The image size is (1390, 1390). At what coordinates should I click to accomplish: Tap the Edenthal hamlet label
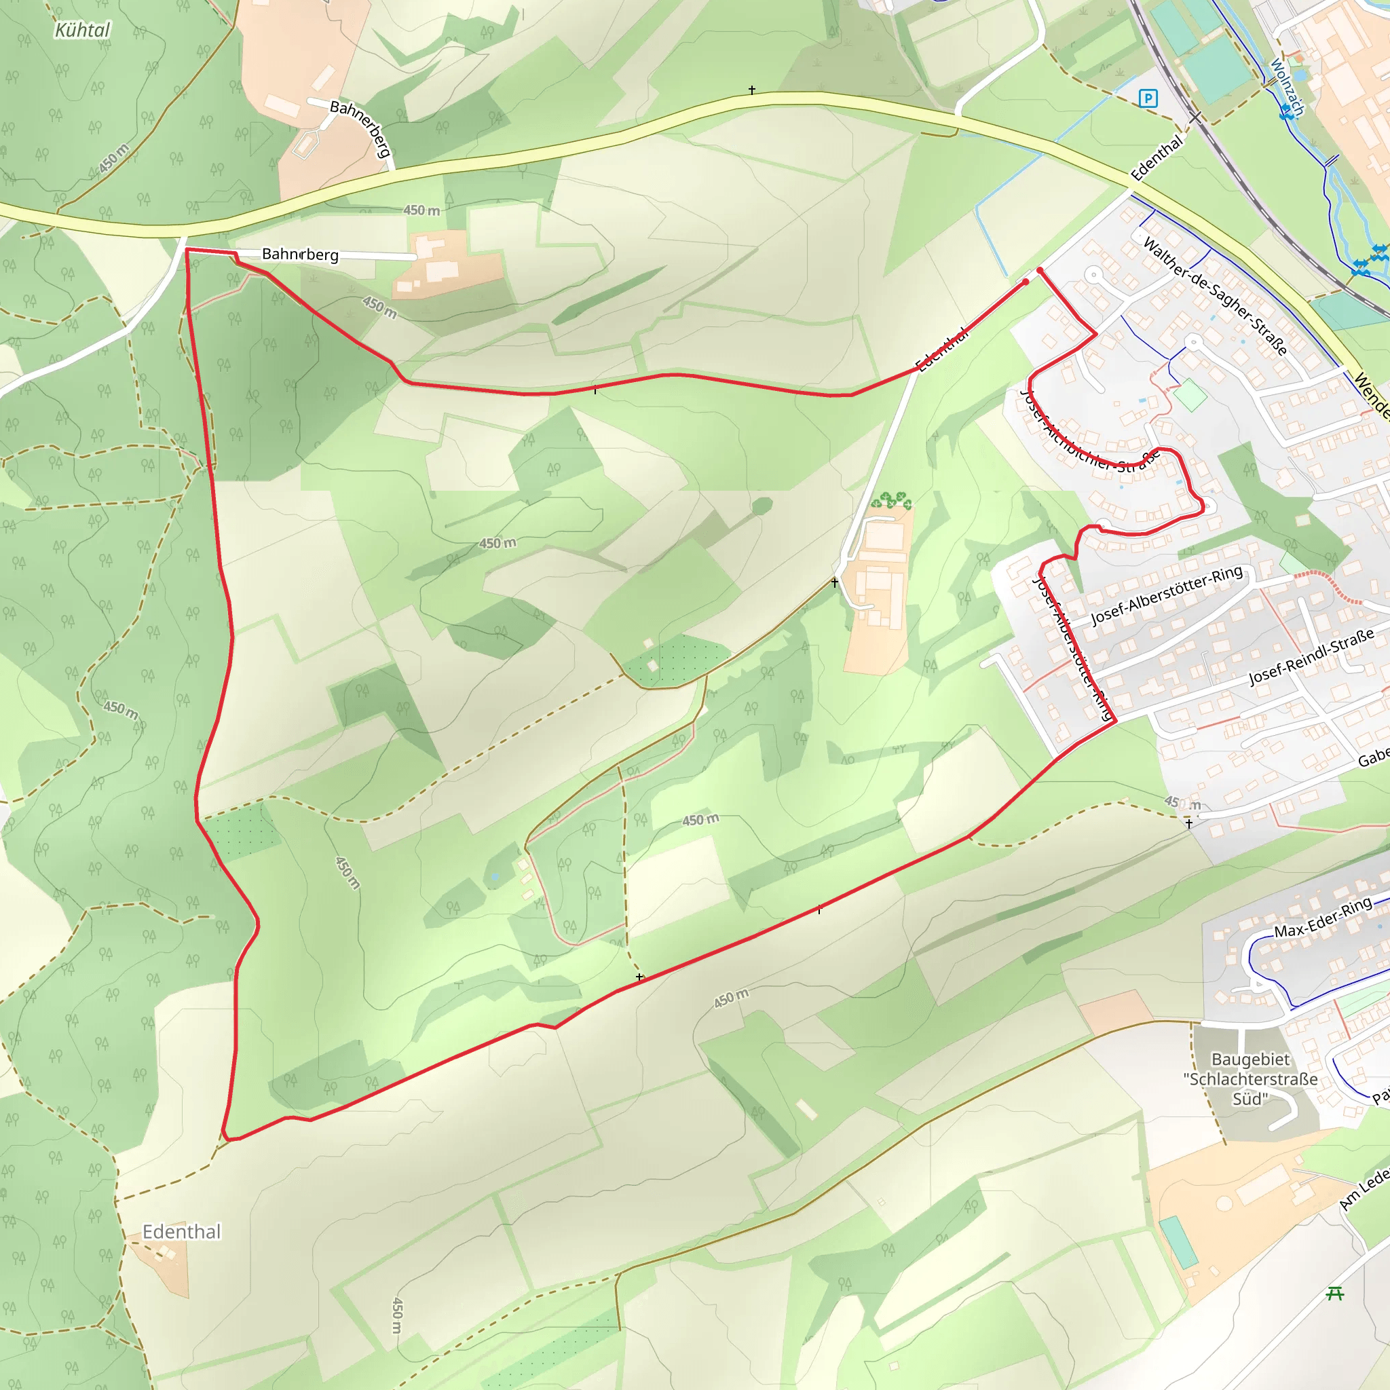point(181,1232)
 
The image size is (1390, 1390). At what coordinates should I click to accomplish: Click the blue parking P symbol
point(1148,98)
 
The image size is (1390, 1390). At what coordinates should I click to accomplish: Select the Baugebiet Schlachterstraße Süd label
point(1250,1079)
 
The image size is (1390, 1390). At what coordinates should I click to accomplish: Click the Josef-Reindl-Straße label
point(1311,656)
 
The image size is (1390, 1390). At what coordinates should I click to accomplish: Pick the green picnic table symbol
point(1335,1294)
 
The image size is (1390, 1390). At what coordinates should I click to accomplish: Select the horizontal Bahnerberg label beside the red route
point(300,254)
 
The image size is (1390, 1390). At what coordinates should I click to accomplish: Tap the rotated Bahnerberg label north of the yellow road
point(360,128)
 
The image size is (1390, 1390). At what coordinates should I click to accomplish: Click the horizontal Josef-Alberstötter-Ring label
point(1167,595)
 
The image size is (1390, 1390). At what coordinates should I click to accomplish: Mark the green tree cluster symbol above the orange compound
point(891,500)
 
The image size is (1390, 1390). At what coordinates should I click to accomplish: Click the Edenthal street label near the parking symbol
point(1156,157)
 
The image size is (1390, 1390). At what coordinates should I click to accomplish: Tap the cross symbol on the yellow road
point(752,91)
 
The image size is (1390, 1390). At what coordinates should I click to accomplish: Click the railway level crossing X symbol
point(1195,117)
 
